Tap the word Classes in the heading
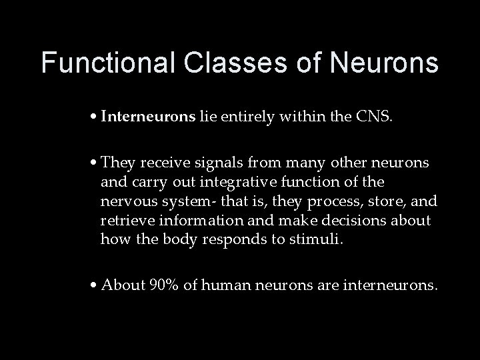pos(216,63)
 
